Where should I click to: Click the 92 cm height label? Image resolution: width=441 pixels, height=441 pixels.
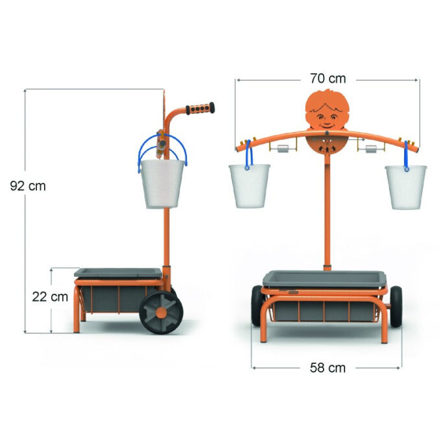pyautogui.click(x=28, y=186)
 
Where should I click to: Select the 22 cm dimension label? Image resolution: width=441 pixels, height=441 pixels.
pyautogui.click(x=50, y=297)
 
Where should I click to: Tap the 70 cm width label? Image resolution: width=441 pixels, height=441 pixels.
pyautogui.click(x=328, y=78)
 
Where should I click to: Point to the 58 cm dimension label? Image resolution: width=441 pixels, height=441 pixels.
pyautogui.click(x=328, y=368)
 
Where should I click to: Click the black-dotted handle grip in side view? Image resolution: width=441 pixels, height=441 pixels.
pyautogui.click(x=200, y=108)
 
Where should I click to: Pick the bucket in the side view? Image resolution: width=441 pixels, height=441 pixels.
pyautogui.click(x=163, y=184)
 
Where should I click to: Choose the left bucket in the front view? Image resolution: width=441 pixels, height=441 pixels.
pyautogui.click(x=250, y=186)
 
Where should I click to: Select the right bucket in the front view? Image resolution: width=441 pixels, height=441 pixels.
pyautogui.click(x=406, y=187)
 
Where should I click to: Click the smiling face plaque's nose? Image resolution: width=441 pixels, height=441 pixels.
pyautogui.click(x=326, y=119)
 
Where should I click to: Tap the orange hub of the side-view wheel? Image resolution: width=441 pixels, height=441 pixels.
pyautogui.click(x=161, y=313)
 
